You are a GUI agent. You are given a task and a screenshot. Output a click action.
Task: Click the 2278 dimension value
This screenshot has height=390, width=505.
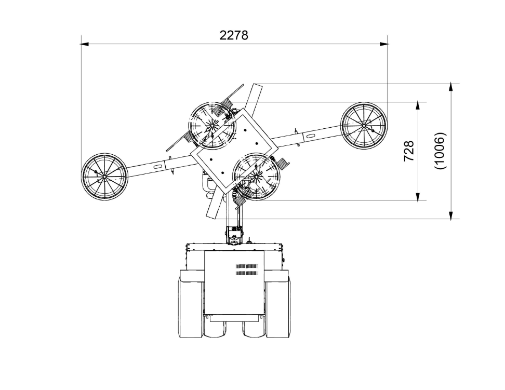(x=234, y=35)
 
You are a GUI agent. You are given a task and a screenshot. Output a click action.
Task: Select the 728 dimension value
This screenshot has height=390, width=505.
(x=409, y=151)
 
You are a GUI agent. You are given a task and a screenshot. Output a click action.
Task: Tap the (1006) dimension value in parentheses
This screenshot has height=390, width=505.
(x=440, y=151)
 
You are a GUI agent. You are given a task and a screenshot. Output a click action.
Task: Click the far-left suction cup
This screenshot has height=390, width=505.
(x=104, y=177)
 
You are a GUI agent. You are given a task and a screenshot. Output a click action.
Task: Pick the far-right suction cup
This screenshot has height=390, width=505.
(x=364, y=126)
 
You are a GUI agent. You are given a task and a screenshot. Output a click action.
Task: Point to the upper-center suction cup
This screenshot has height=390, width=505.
(x=212, y=125)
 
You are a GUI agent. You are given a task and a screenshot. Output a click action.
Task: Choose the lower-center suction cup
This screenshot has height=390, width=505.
(x=257, y=176)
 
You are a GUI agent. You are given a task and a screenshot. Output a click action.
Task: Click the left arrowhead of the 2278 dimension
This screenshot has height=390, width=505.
(x=85, y=44)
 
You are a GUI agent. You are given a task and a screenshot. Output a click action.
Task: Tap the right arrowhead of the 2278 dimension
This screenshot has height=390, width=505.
(x=384, y=44)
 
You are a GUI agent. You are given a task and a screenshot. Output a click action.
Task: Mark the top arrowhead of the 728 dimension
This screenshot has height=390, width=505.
(x=418, y=106)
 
